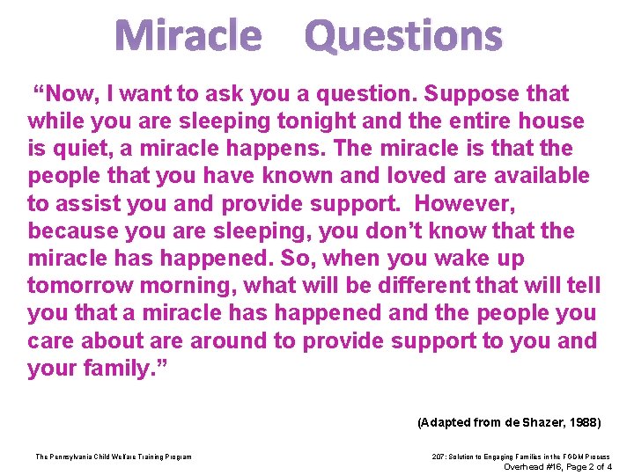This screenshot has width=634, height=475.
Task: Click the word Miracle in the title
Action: pyautogui.click(x=188, y=36)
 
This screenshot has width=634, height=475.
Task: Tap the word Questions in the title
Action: pyautogui.click(x=403, y=36)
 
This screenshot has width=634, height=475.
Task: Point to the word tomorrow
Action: pyautogui.click(x=74, y=286)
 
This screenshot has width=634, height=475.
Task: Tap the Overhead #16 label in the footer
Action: pyautogui.click(x=531, y=466)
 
